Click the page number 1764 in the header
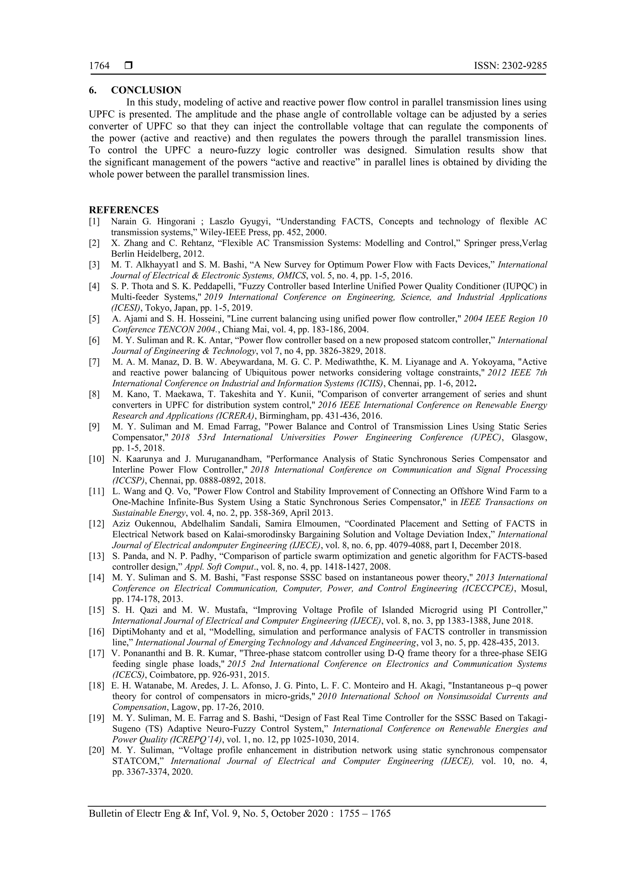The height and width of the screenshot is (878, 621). point(99,66)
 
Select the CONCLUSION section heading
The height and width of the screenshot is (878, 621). point(146,90)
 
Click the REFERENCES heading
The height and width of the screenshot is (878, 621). point(124,210)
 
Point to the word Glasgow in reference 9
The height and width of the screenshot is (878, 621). point(529,437)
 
